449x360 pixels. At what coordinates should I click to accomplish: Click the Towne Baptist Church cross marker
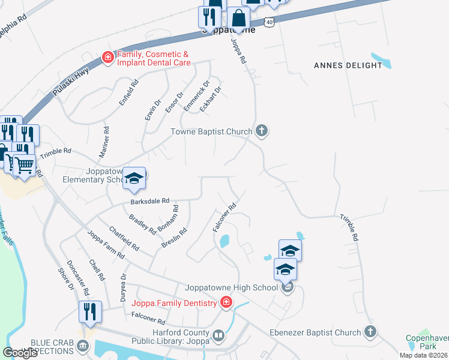click(x=261, y=130)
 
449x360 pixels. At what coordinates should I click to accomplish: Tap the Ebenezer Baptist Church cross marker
click(x=370, y=331)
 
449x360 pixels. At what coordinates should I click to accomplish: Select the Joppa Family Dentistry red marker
click(x=226, y=302)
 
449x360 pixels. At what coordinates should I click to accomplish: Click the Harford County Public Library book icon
click(x=218, y=334)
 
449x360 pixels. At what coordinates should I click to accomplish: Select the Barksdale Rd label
click(x=150, y=202)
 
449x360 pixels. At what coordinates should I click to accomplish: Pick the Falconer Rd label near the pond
click(x=224, y=217)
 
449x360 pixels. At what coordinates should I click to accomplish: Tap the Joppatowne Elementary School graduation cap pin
click(x=134, y=178)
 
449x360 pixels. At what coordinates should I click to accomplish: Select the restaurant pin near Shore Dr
click(x=90, y=312)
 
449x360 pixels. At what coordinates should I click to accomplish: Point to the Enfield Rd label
click(x=128, y=94)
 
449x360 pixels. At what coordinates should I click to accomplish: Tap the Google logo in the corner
click(x=20, y=353)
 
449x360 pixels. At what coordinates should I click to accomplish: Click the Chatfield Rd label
click(x=124, y=238)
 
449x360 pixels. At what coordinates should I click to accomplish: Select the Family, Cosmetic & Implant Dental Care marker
click(x=108, y=58)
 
